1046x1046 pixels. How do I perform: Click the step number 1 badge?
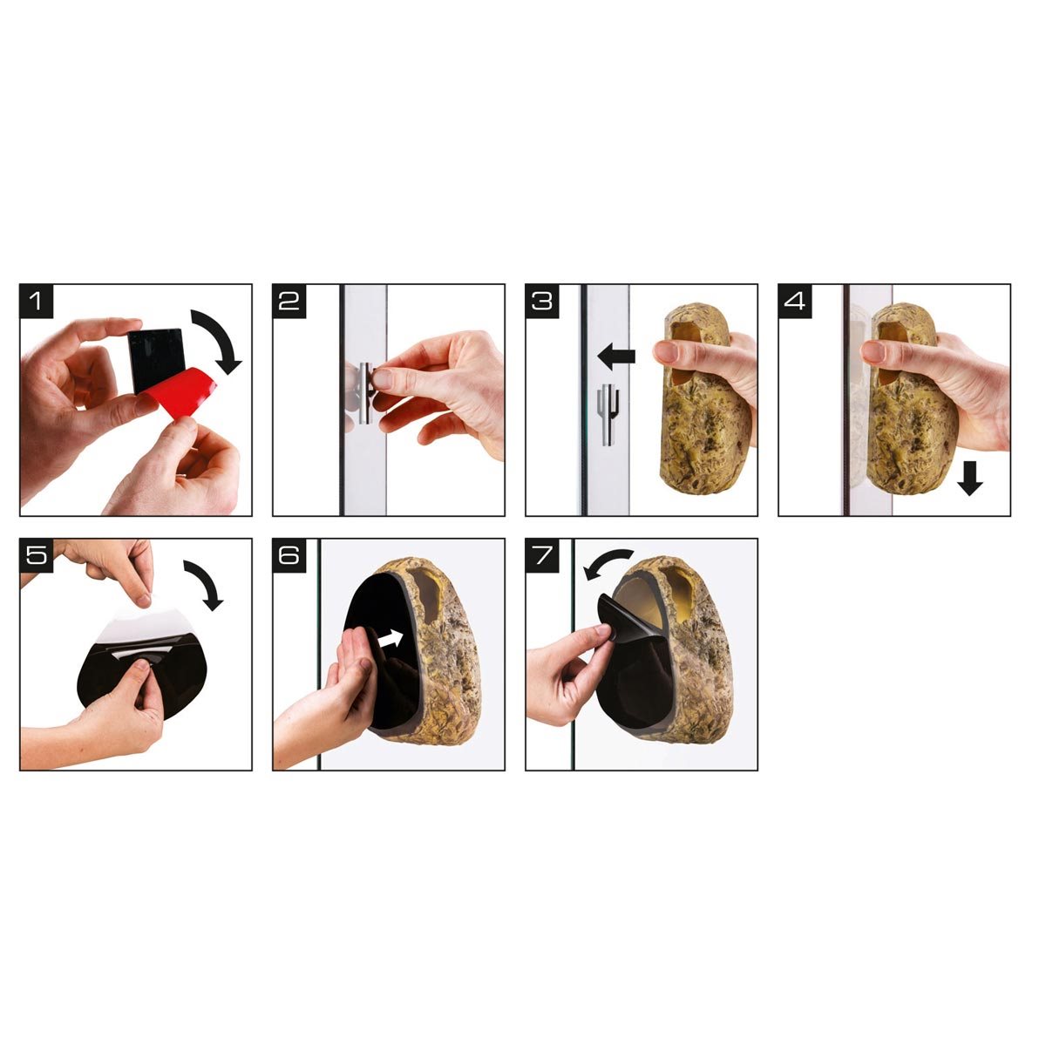click(x=37, y=301)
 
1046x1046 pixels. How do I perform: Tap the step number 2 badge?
click(x=289, y=301)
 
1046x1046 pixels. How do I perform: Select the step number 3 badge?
click(x=542, y=301)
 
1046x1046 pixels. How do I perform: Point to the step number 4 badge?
click(x=795, y=301)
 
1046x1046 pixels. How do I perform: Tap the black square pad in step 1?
click(x=156, y=359)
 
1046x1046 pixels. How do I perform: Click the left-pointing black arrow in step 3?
click(x=615, y=357)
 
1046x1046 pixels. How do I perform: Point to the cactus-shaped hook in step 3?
click(x=608, y=414)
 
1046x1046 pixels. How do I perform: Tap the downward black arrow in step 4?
click(x=970, y=478)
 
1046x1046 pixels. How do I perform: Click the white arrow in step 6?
click(x=391, y=638)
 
